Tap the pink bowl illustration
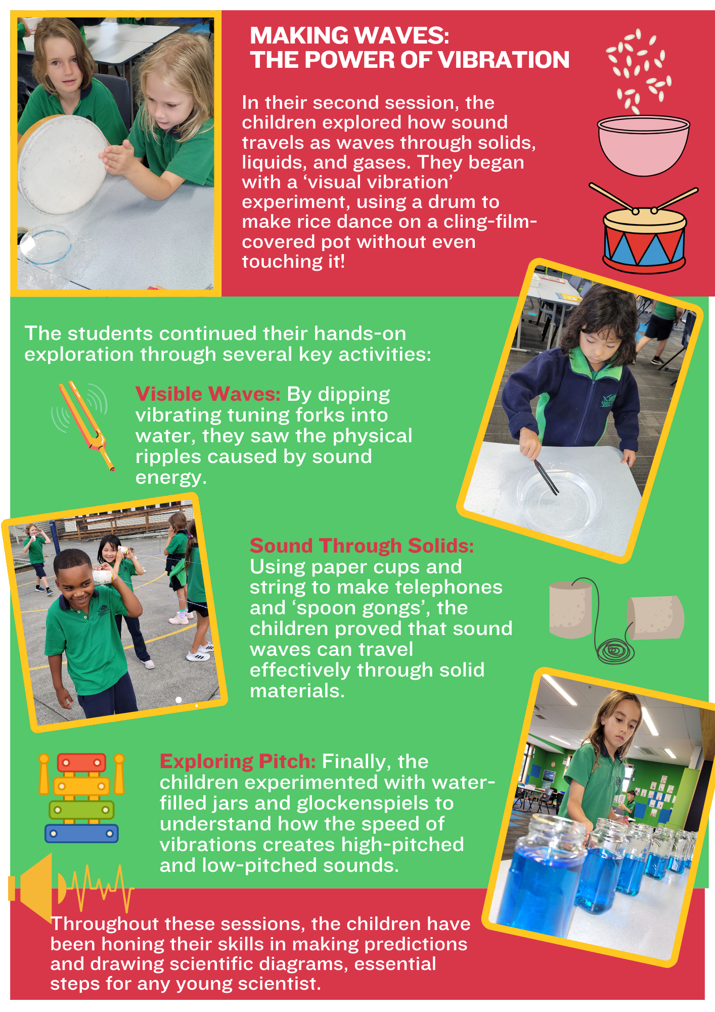tap(643, 146)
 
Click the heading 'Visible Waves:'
tap(208, 394)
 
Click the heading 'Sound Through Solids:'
tap(362, 545)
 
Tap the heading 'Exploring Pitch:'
tap(238, 761)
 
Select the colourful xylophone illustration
tap(81, 797)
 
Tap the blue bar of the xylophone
tap(81, 833)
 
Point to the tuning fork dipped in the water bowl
tap(547, 477)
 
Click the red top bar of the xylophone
tap(81, 762)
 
